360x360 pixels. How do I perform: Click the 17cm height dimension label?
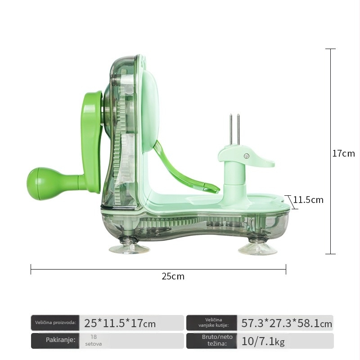click(343, 153)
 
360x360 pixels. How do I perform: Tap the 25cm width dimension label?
click(173, 276)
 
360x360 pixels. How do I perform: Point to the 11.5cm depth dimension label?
click(308, 200)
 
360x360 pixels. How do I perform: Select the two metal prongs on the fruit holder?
click(234, 130)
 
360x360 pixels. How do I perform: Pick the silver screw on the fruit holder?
click(247, 156)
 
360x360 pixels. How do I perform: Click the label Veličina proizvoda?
click(55, 322)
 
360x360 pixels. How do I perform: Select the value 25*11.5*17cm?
click(120, 323)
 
